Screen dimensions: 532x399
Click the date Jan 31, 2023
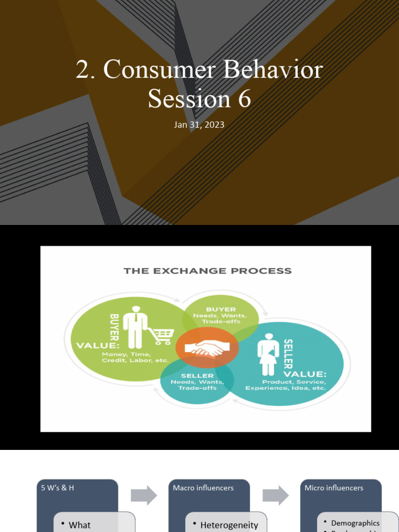click(x=199, y=125)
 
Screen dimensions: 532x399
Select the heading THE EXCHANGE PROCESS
click(x=207, y=271)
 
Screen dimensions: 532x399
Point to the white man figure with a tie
click(x=136, y=327)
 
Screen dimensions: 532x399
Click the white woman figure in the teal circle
click(x=269, y=353)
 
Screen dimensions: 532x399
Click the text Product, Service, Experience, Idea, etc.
click(x=286, y=385)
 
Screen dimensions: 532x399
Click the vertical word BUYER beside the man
click(x=114, y=327)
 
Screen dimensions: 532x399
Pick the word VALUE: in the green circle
click(x=98, y=345)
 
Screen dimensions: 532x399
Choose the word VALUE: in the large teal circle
click(x=304, y=374)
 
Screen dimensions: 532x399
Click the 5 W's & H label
click(x=58, y=488)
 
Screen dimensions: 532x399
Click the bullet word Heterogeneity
click(x=229, y=525)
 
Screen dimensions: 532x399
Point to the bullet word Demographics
click(x=355, y=523)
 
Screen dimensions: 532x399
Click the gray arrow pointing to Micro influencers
click(x=275, y=495)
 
